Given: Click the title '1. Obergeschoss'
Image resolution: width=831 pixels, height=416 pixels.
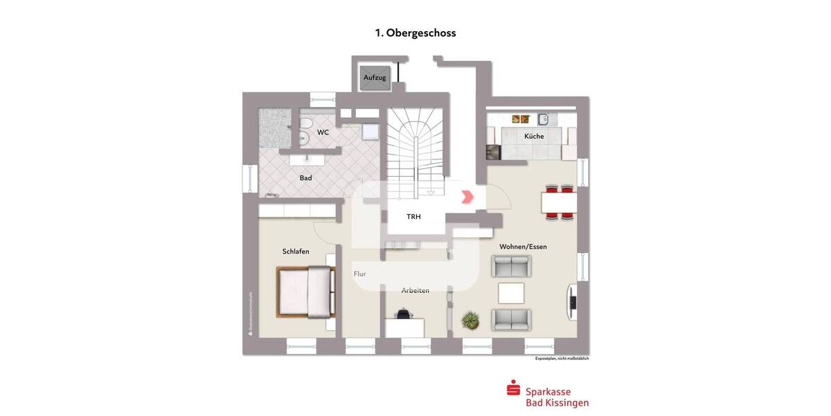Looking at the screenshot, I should (x=415, y=33).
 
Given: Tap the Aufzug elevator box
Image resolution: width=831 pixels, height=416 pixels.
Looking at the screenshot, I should (x=375, y=77).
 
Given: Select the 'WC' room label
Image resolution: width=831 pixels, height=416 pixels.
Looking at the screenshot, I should (x=323, y=132).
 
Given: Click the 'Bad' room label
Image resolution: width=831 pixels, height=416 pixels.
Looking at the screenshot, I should (x=305, y=177).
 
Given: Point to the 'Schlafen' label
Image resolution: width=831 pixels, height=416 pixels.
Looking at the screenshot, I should (x=296, y=251).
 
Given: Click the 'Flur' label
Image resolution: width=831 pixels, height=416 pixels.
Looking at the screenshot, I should (x=359, y=274).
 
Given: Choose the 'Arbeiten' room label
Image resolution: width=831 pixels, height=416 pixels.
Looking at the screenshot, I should (x=415, y=290).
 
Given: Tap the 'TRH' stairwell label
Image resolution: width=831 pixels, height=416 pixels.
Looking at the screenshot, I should (x=414, y=216).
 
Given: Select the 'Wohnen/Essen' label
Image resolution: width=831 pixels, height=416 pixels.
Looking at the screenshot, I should (x=528, y=246).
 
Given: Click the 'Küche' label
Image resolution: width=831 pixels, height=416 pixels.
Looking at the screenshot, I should (x=534, y=136).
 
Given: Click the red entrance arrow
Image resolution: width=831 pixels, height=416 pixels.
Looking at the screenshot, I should (x=467, y=197).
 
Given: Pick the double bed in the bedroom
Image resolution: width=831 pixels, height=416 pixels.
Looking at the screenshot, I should (x=305, y=292).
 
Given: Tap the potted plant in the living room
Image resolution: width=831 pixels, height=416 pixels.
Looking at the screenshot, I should (x=471, y=320).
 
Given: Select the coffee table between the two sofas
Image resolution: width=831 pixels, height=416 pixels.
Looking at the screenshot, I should (x=512, y=293).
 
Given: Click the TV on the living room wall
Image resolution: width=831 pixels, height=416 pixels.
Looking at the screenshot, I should (x=573, y=302).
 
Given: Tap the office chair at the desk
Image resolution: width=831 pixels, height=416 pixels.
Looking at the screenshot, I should (x=402, y=315).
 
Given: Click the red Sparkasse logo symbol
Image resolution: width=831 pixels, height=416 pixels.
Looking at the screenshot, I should (x=513, y=389).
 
